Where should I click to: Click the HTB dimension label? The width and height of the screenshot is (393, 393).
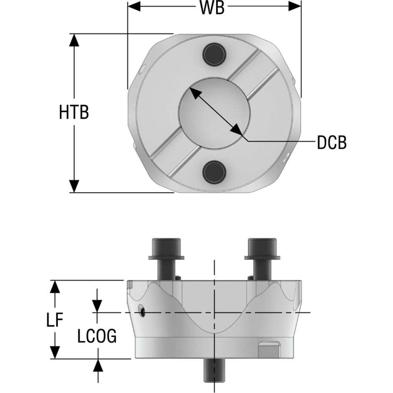[x=74, y=113]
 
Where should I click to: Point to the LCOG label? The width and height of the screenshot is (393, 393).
[x=97, y=337]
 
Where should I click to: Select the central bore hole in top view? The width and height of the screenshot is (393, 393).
[x=214, y=113]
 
